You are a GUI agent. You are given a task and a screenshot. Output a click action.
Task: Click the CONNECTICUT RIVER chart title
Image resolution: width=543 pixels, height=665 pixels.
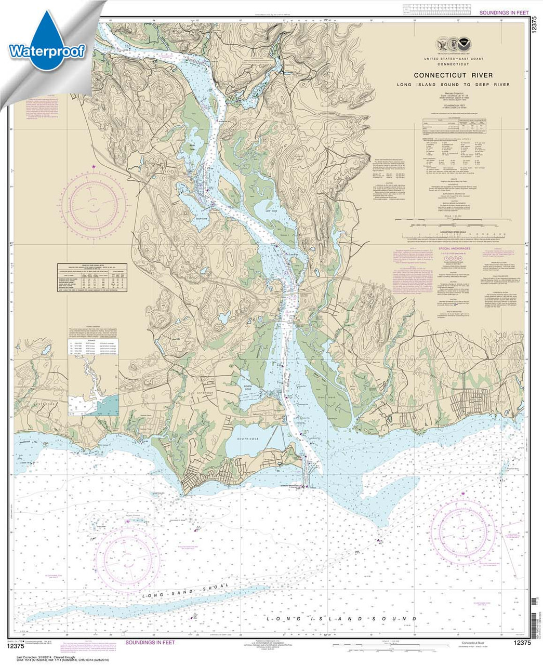point(453,75)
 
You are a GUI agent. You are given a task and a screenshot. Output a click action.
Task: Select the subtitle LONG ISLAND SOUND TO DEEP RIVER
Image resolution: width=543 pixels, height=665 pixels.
point(453,84)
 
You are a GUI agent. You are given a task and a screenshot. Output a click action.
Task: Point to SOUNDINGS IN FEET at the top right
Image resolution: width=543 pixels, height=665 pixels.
point(504,12)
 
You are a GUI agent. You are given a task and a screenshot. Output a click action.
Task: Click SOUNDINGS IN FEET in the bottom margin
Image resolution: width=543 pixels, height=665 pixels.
point(150,643)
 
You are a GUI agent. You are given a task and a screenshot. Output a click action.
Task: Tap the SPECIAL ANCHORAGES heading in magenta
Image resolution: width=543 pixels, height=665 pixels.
point(458,249)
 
